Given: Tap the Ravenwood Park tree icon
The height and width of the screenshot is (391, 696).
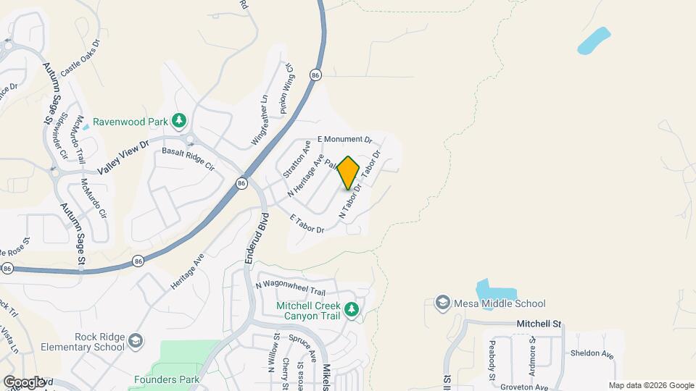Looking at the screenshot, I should [x=179, y=120].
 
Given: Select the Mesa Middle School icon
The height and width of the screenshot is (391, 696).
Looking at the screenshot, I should [x=442, y=303].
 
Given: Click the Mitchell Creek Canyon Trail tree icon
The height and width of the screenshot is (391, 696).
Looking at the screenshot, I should [x=352, y=309].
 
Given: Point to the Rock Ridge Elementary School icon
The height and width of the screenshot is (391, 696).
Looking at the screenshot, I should [x=136, y=341].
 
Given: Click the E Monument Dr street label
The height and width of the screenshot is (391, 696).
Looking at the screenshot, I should [x=344, y=139].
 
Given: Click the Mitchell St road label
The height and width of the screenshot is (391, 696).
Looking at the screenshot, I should [x=539, y=325].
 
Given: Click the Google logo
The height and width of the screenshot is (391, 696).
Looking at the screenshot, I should [x=24, y=382].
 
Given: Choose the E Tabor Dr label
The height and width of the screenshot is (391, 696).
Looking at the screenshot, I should [x=306, y=224].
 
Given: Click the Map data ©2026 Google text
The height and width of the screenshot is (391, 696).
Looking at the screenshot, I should [x=650, y=385].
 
